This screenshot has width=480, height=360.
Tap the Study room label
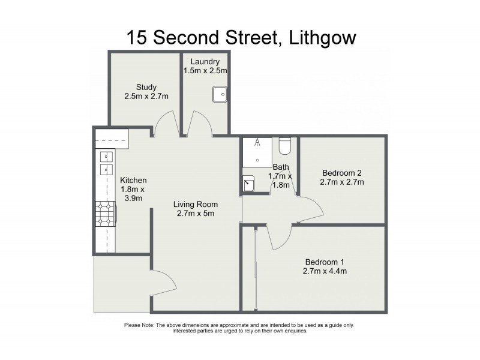[146, 88]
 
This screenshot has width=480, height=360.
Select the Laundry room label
[205, 62]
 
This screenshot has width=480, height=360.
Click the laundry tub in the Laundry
[219, 95]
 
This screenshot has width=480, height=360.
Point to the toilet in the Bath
[286, 146]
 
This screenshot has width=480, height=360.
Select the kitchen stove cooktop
[106, 214]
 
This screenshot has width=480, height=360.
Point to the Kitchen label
[133, 180]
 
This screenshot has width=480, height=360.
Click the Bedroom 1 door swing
[278, 237]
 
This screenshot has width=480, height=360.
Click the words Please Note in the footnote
[139, 325]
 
